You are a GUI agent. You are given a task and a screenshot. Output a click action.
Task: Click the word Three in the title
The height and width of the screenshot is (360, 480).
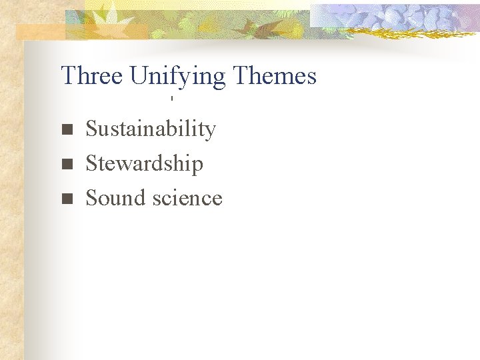(x=92, y=76)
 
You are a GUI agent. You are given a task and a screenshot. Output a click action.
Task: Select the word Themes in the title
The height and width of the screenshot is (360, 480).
(x=275, y=76)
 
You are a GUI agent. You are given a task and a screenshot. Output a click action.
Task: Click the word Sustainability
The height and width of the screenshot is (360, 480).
(x=151, y=129)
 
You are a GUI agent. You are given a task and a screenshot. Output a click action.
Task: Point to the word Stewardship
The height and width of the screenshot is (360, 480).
(x=144, y=163)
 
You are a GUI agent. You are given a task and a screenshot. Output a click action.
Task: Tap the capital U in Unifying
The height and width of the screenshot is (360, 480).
(x=137, y=76)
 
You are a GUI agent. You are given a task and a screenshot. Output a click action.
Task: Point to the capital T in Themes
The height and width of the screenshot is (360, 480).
(x=240, y=76)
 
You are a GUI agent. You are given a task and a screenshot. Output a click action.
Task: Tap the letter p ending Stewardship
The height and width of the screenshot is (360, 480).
(x=197, y=166)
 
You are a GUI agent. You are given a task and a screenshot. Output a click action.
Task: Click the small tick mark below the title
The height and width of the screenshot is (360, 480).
(x=171, y=99)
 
